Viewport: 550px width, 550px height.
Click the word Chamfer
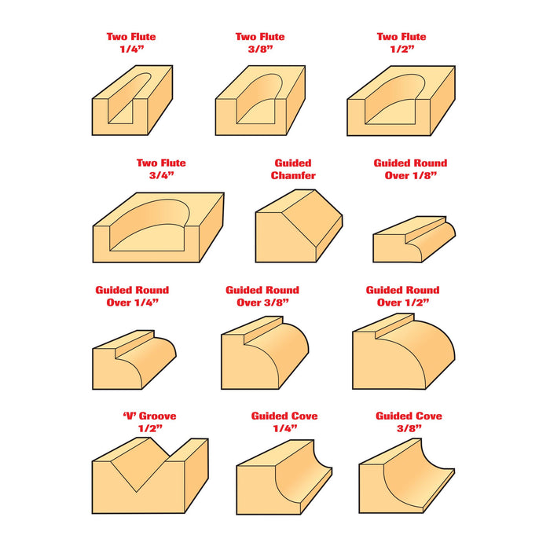pyautogui.click(x=293, y=175)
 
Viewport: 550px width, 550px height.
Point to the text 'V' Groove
pyautogui.click(x=149, y=416)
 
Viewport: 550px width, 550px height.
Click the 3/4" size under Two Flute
pyautogui.click(x=161, y=175)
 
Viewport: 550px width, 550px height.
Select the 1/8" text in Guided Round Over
pyautogui.click(x=424, y=175)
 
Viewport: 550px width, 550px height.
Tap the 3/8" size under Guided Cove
pyautogui.click(x=409, y=428)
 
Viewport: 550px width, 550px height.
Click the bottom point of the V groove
pyautogui.click(x=137, y=492)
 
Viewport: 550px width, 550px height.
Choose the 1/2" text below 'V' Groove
pyautogui.click(x=150, y=428)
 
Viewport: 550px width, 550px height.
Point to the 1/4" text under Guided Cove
pyautogui.click(x=284, y=428)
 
